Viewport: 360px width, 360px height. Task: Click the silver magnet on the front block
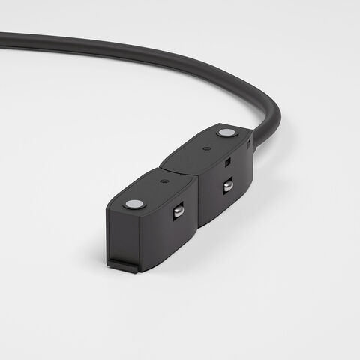coord(133,203)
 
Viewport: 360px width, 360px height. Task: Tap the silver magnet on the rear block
coord(225,133)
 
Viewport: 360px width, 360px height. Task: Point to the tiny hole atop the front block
coord(163,180)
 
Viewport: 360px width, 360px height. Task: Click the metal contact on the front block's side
coord(178,211)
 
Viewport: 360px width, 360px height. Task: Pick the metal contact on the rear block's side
coord(227,184)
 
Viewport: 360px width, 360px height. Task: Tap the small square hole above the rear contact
coord(226,161)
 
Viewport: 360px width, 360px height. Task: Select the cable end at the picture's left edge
coord(3,36)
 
